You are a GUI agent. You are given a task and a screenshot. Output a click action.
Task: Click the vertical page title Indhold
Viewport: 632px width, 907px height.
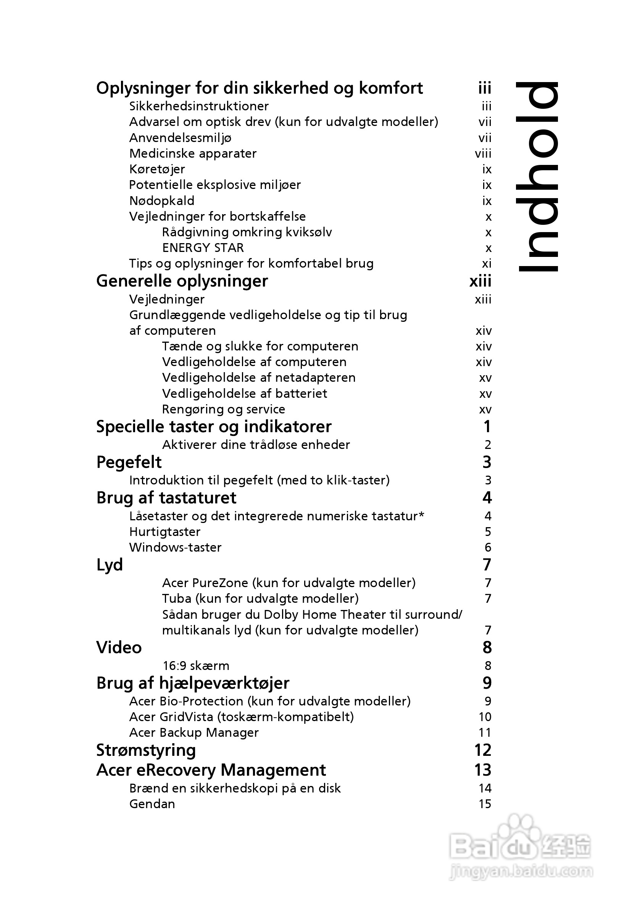[537, 177]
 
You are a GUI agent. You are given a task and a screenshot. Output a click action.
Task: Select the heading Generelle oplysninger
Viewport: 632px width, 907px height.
[182, 281]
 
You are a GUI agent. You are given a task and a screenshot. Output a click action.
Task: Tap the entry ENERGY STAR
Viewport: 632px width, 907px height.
[203, 248]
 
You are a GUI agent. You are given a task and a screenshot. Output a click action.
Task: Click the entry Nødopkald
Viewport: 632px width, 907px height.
[161, 201]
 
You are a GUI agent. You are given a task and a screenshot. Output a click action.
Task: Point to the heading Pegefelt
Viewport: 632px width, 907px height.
[129, 462]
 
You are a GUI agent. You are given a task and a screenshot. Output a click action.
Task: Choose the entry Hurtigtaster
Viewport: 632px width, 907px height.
[165, 532]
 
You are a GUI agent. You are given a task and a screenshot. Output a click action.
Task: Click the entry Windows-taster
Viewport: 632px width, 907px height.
[175, 547]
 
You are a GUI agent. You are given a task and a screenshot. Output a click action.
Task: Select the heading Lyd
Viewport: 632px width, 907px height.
[110, 565]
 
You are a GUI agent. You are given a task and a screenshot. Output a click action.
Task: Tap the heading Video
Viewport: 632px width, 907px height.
[119, 647]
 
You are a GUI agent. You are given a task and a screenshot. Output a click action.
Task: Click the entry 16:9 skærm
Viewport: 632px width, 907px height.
[195, 666]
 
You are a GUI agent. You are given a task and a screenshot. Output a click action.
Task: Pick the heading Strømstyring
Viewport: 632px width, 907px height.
[146, 750]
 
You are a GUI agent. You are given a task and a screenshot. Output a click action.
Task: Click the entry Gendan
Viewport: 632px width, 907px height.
[152, 804]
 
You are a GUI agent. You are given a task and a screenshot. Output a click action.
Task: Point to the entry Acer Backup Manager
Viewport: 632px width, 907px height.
[194, 733]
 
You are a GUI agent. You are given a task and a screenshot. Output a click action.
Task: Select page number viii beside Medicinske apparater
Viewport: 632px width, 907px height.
[483, 153]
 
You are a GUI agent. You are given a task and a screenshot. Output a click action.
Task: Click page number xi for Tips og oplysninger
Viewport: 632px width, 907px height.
[487, 263]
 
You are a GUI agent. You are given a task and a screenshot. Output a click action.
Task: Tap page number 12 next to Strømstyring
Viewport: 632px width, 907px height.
[483, 750]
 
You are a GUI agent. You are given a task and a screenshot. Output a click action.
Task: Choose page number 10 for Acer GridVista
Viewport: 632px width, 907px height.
[485, 717]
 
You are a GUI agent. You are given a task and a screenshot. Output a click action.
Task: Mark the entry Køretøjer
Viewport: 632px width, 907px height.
[157, 169]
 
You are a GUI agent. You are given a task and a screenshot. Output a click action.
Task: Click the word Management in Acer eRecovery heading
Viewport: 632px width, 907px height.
[273, 770]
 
